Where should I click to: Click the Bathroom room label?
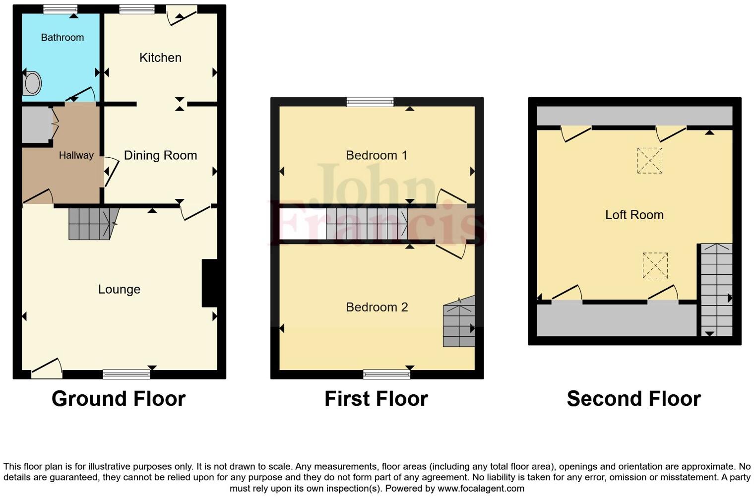coord(62,37)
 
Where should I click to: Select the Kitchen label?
coord(160,58)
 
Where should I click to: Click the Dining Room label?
coord(160,155)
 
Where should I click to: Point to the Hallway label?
coord(76,155)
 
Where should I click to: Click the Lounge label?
coord(119,289)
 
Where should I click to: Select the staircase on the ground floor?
coord(92,224)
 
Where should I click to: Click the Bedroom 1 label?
coord(377,155)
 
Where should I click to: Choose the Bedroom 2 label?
coord(377,307)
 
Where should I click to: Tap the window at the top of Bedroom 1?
coord(370,102)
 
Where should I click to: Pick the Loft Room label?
coord(634,215)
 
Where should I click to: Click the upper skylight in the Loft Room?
coord(649,160)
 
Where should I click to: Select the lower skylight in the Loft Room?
coord(655,265)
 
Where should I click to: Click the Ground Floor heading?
coord(119,399)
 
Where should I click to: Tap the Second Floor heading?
coord(633,399)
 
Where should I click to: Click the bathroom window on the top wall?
coord(60,8)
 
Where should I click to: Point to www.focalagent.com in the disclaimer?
coord(481,488)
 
